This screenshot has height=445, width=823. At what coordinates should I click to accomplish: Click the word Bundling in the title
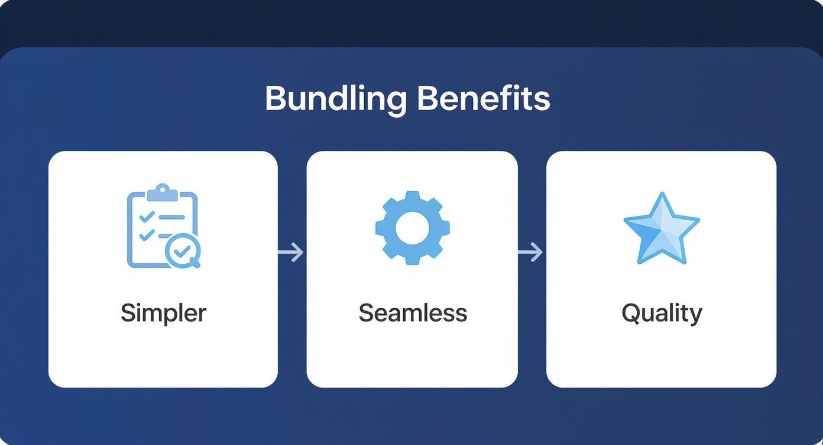pos(336,99)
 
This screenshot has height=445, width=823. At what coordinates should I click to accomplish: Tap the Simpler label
pos(164,314)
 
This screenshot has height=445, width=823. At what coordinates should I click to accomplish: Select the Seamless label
pos(413,313)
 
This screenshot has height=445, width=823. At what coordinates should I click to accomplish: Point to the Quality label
pos(662,314)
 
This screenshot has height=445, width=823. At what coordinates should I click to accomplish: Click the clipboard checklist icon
pos(164,226)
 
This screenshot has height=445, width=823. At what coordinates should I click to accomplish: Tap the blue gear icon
pos(413,228)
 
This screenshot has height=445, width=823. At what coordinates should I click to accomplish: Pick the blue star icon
pos(662,228)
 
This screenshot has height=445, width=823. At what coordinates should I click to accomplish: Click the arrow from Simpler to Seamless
pos(291,252)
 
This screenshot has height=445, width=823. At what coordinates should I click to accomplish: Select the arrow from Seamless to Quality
pos(530,252)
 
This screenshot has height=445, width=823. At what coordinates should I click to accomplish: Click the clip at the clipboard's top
pos(163,192)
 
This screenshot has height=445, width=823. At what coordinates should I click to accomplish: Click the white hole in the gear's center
pos(412,228)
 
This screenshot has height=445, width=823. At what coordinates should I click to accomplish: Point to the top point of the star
pos(662,192)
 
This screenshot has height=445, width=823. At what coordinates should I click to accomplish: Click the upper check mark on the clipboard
pos(147,216)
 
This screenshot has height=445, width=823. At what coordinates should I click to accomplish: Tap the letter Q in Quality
pos(631,313)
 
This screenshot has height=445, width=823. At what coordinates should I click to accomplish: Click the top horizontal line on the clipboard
pos(171,217)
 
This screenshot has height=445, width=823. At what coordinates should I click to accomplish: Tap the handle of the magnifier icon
pos(195,263)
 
